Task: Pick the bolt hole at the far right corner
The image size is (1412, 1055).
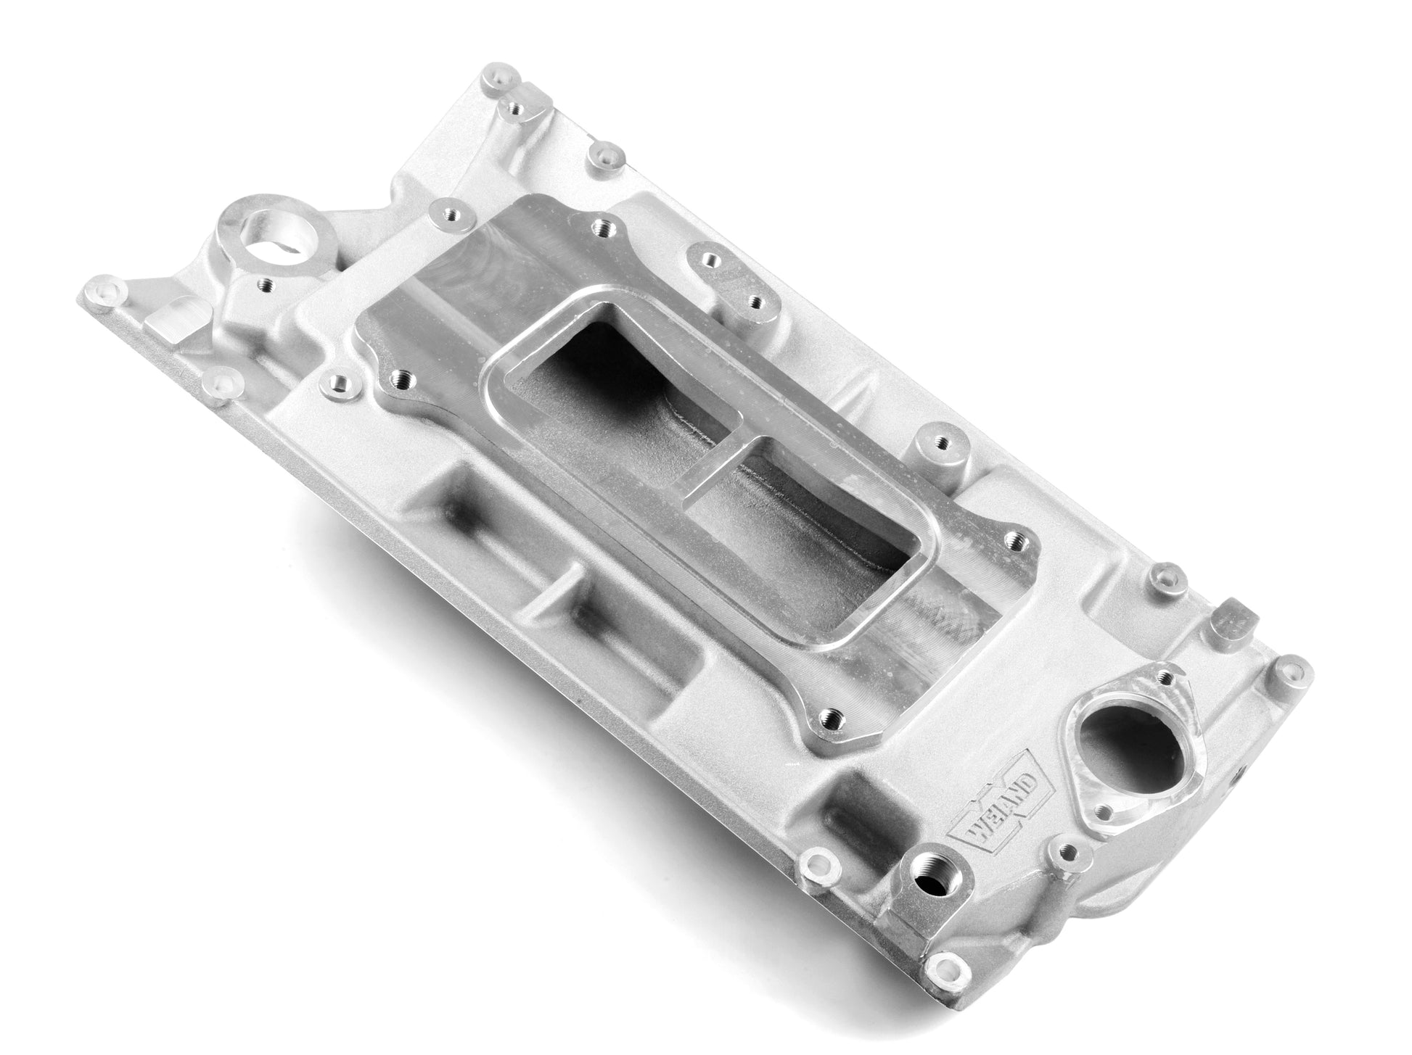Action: pos(1287,670)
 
